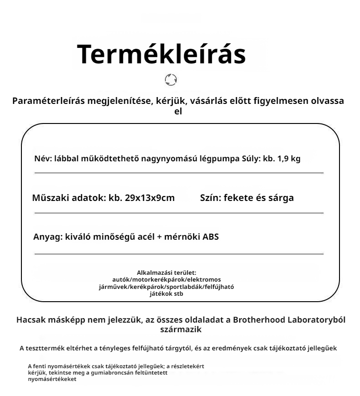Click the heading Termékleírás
pos(161,54)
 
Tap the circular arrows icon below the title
pos(171,80)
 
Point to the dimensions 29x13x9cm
pos(149,198)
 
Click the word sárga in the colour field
pos(281,198)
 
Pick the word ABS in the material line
pos(211,237)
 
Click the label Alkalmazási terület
pos(166,273)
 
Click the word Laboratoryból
pos(317,320)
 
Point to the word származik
pos(180,329)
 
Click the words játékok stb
pos(166,294)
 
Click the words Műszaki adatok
pos(68,198)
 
